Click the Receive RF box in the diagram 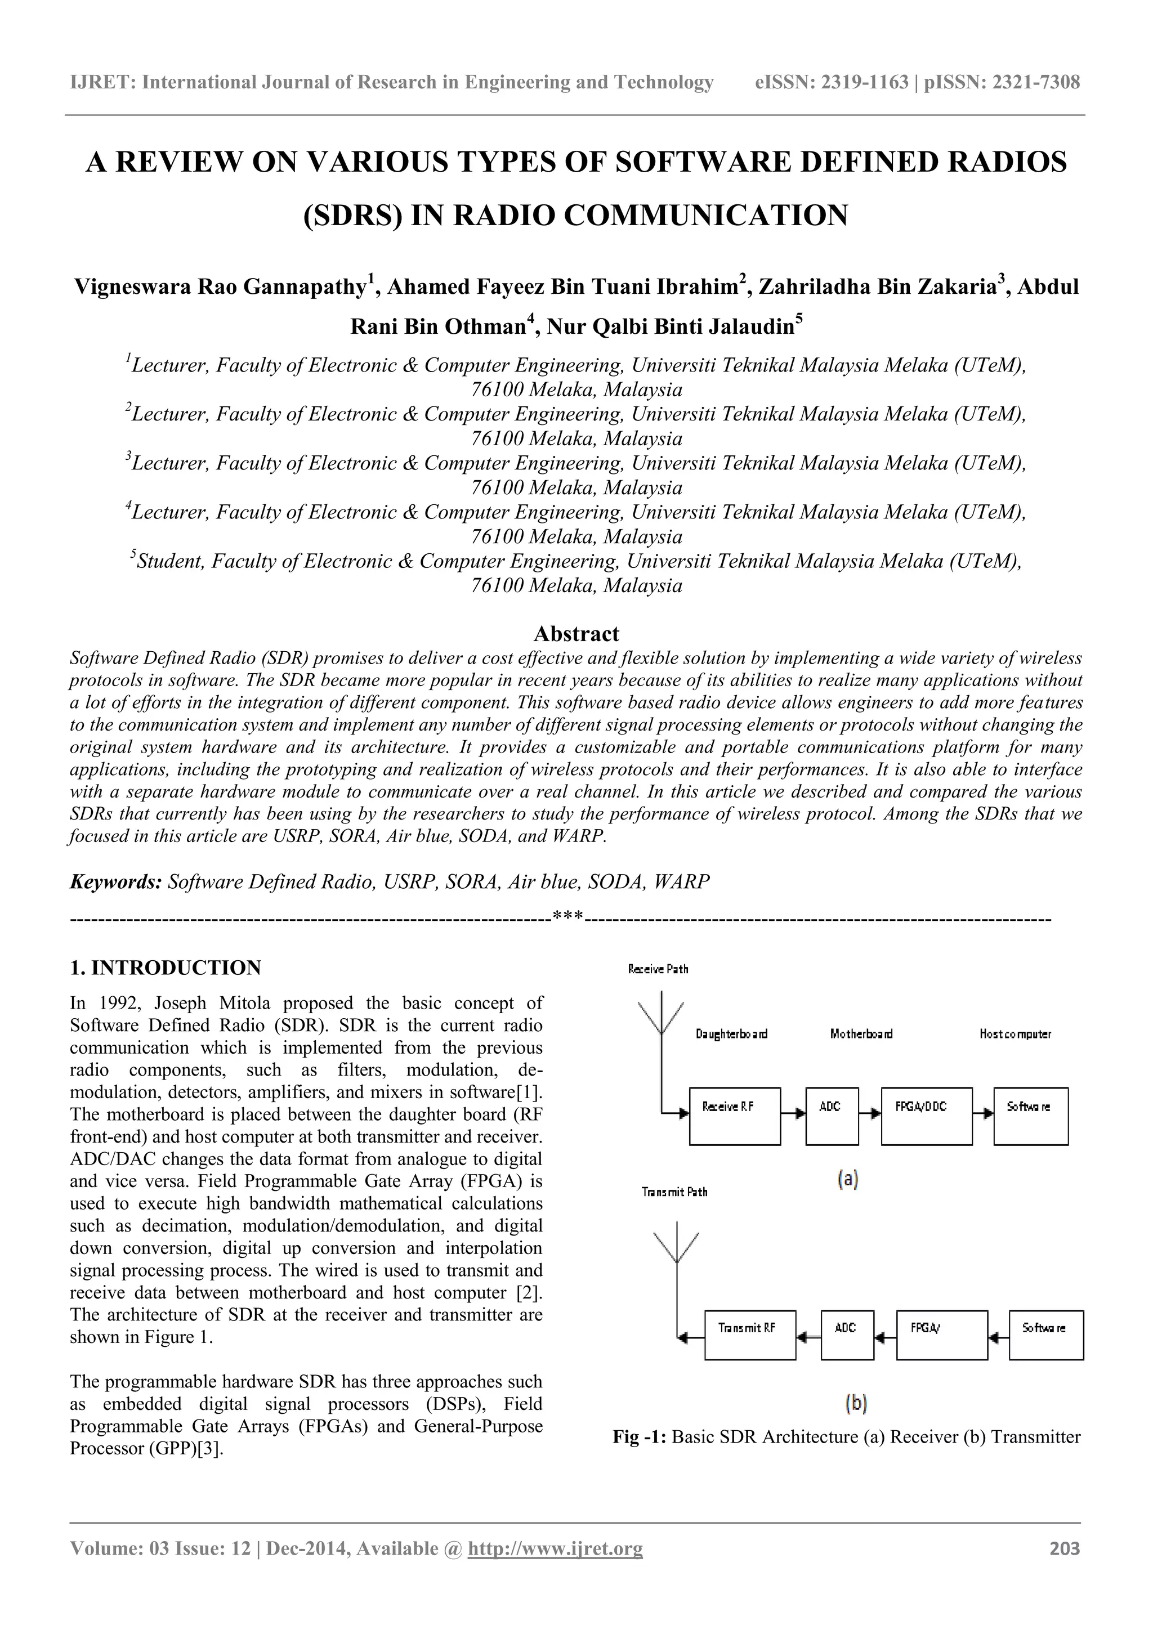coord(734,1116)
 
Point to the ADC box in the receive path coord(832,1116)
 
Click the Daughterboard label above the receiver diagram coord(731,1035)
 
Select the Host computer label coord(1015,1035)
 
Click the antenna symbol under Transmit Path coord(677,1247)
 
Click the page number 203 coord(1064,1568)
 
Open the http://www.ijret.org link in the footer coord(555,1568)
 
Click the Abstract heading coord(576,633)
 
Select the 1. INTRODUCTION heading coord(166,968)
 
